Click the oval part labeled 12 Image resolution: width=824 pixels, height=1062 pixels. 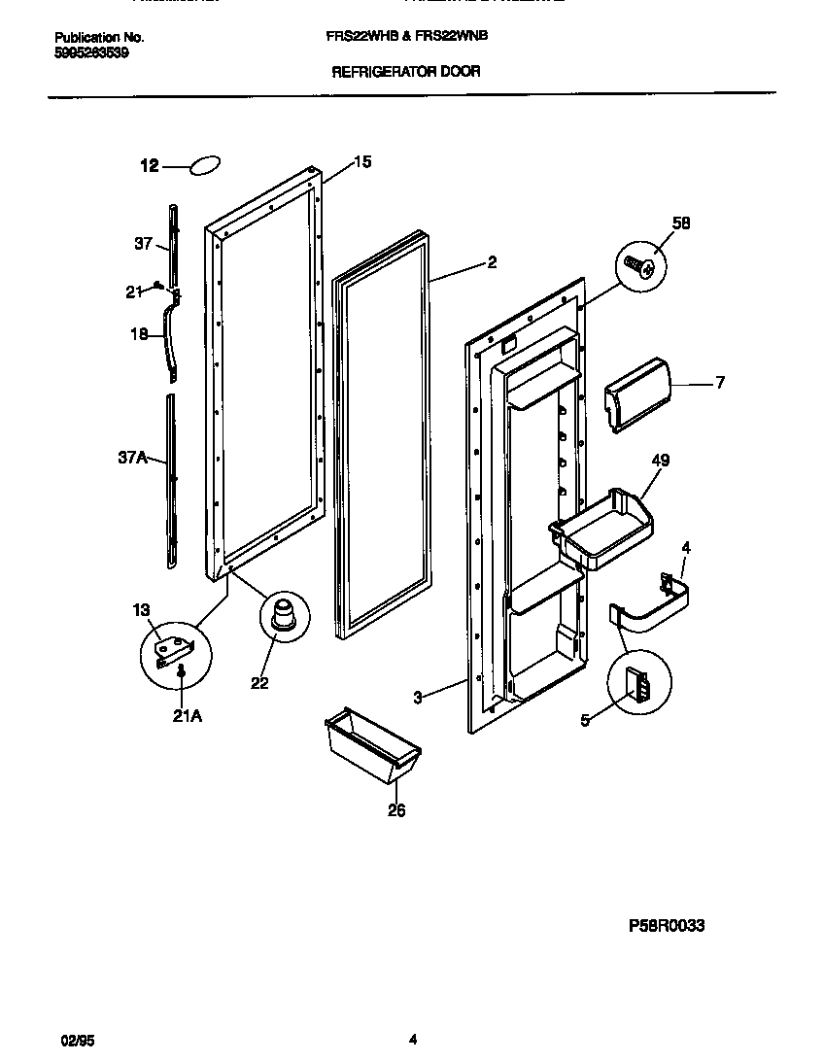205,166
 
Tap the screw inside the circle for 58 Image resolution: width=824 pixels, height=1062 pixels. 637,264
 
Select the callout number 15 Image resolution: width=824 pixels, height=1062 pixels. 361,162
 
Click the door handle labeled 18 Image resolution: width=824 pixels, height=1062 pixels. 172,339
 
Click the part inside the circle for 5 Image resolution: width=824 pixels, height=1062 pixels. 637,684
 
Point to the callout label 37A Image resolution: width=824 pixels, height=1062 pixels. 132,458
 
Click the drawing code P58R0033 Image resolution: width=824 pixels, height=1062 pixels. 659,926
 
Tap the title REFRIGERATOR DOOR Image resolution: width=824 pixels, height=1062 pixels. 406,72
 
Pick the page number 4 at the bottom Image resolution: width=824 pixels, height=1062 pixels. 412,1039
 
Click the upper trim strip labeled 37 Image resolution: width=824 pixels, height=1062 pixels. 173,243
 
